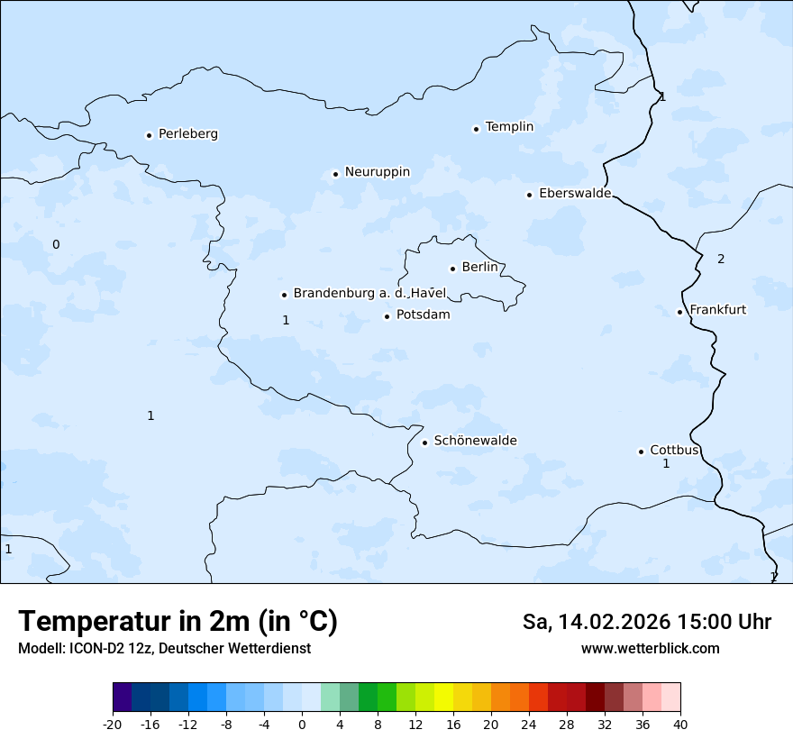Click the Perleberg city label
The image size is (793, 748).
187,134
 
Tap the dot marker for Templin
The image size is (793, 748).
476,129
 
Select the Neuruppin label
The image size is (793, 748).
377,172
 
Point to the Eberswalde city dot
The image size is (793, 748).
529,195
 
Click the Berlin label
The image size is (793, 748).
479,268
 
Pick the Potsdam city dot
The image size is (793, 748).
387,316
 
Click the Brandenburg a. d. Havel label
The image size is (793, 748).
369,294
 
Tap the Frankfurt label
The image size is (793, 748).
717,310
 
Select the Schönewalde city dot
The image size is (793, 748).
424,442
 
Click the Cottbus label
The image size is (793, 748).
674,451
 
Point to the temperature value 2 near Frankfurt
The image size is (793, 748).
721,260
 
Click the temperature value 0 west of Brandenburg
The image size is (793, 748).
56,245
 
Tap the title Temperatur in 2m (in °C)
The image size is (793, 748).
178,622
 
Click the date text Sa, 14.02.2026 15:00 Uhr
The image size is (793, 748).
646,623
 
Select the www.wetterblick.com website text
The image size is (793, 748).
650,649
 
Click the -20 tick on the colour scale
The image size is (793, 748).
113,725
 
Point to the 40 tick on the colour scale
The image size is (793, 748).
680,725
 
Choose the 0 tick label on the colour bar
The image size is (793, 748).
302,725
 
